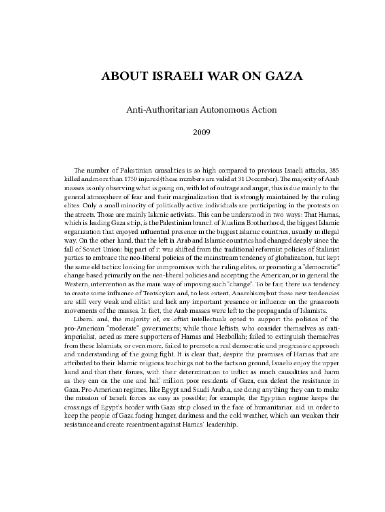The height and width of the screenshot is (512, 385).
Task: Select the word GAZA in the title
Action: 281,77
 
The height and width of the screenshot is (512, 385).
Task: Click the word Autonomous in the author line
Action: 217,109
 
